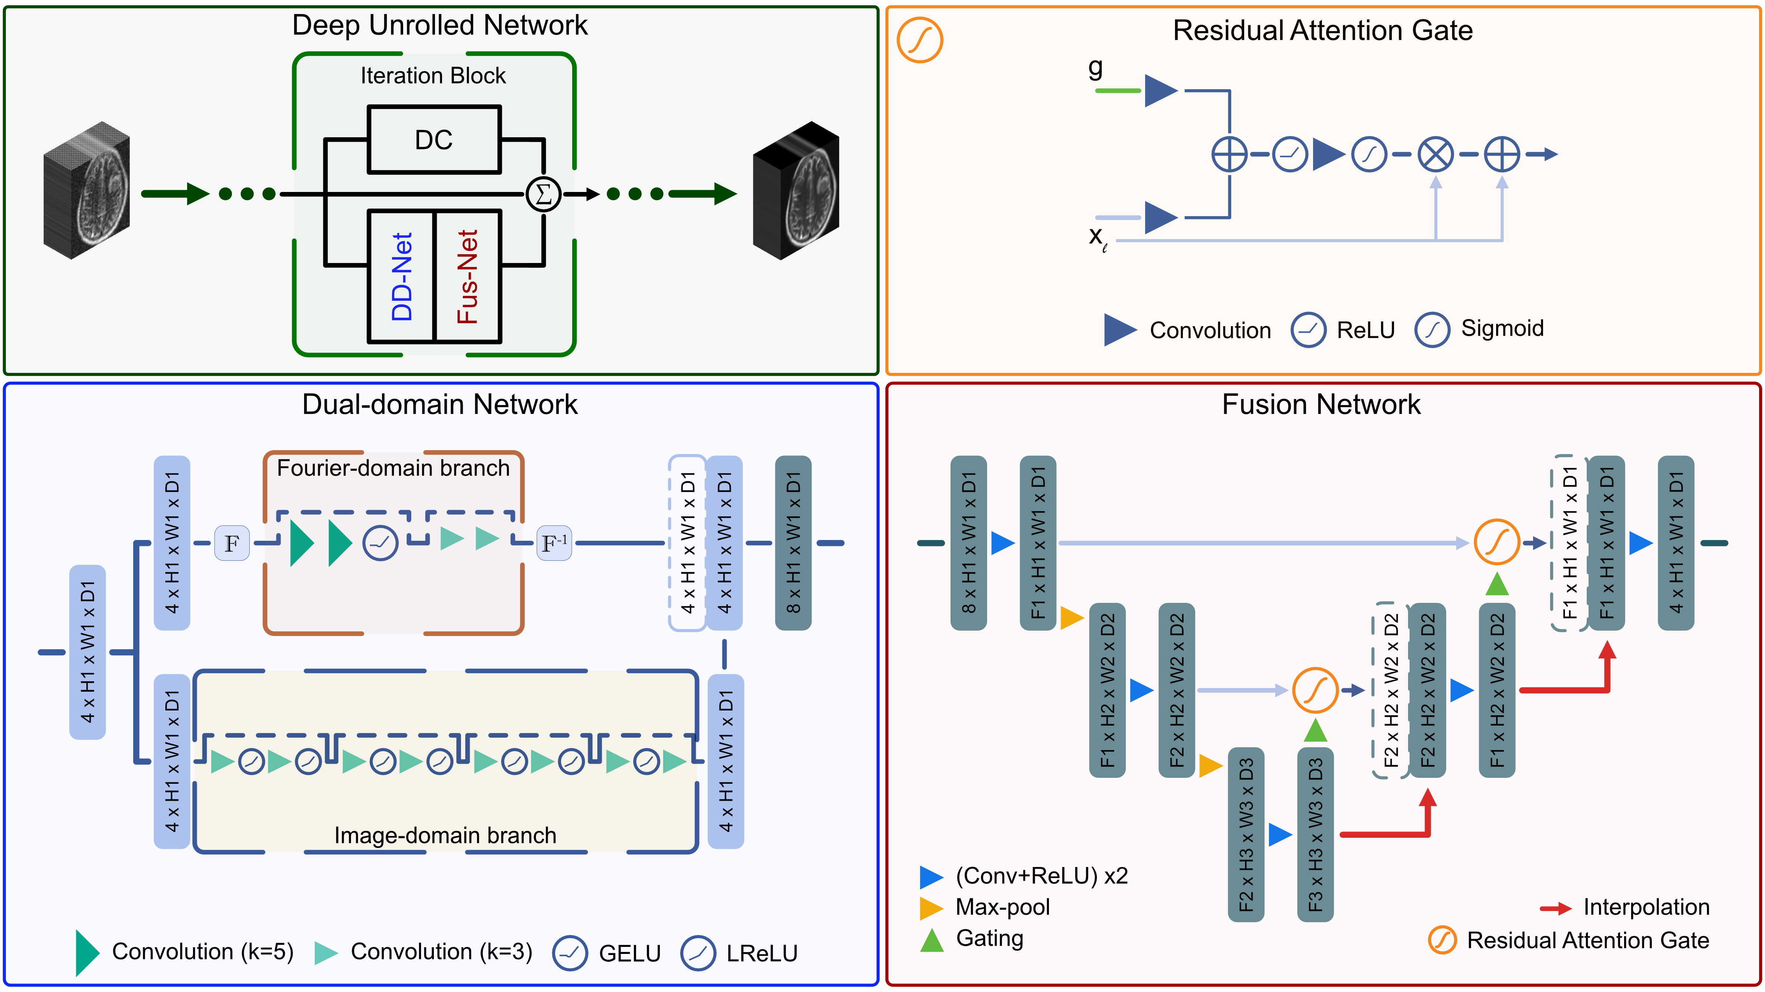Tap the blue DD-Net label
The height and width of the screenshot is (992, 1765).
(x=402, y=276)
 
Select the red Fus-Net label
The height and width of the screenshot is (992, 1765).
(x=467, y=276)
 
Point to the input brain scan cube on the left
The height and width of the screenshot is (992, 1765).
(x=86, y=190)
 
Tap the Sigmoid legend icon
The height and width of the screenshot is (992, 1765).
(x=1432, y=330)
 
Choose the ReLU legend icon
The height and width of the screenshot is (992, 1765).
(x=1308, y=330)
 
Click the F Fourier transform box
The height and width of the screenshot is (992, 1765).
(x=232, y=543)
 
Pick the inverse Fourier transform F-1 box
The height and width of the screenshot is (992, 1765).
(x=554, y=543)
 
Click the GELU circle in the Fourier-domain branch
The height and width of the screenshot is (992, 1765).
(x=380, y=543)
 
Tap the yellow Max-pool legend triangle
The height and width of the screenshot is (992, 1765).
(x=931, y=908)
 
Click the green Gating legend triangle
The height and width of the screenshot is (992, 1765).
(x=932, y=940)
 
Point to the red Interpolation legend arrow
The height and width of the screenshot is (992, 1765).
(x=1555, y=908)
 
